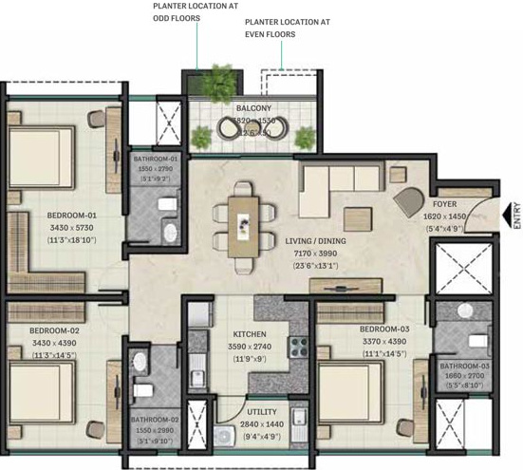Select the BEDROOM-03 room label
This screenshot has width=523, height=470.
pyautogui.click(x=384, y=330)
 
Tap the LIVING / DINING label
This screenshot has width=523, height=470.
pyautogui.click(x=315, y=241)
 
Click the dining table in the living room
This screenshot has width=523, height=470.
pyautogui.click(x=242, y=224)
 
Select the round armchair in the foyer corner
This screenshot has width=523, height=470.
pyautogui.click(x=411, y=199)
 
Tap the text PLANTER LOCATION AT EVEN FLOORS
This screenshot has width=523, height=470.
pyautogui.click(x=283, y=27)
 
